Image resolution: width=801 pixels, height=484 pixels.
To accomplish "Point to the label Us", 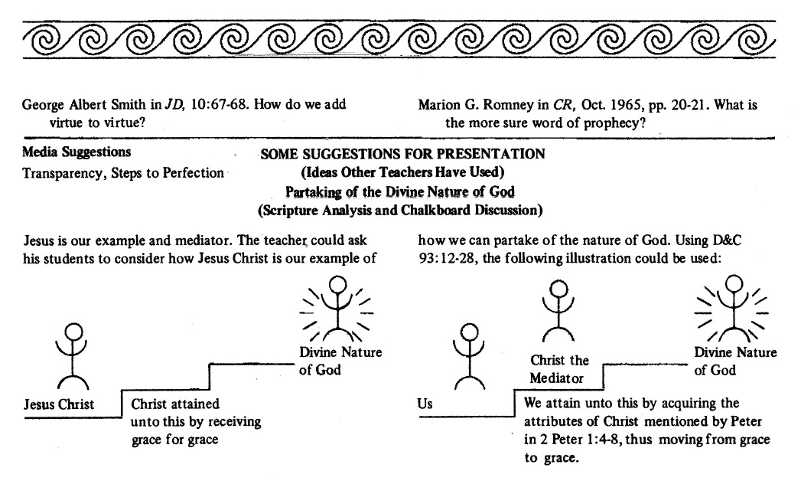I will click(x=425, y=404).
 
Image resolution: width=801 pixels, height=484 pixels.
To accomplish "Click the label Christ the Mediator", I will click(x=560, y=368).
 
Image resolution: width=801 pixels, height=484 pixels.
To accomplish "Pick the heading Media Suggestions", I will click(x=77, y=152).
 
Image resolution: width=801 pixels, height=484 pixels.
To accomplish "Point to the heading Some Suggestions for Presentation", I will click(x=402, y=154).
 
